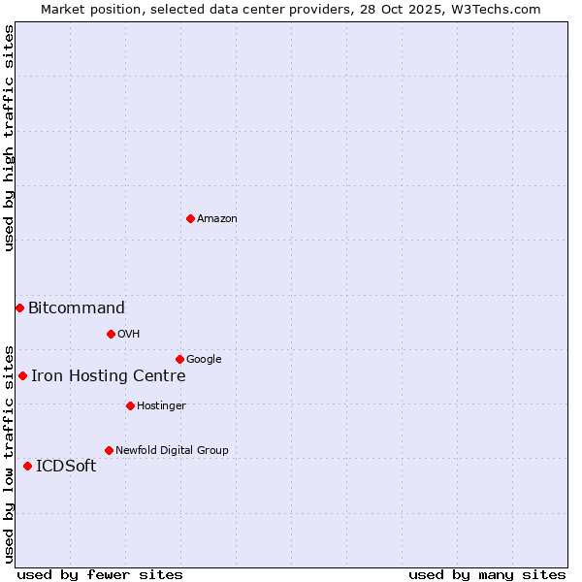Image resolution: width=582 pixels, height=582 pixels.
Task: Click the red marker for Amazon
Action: click(190, 218)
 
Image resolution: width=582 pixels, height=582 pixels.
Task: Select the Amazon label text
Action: click(217, 219)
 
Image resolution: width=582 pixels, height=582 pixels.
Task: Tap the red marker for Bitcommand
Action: click(19, 307)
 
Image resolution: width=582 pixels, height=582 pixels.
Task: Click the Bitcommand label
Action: click(77, 308)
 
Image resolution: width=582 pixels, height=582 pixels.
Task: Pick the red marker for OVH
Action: click(111, 334)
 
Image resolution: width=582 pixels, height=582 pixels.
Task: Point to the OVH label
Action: click(129, 335)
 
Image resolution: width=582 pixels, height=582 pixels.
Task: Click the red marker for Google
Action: click(179, 359)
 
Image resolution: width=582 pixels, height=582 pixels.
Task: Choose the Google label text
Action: click(204, 360)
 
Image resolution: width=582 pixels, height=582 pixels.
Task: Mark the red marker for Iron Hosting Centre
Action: click(22, 375)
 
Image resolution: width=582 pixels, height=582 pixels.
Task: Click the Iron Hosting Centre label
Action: click(109, 376)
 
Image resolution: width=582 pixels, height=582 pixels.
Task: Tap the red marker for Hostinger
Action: click(130, 405)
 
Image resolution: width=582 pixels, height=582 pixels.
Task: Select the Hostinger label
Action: click(161, 406)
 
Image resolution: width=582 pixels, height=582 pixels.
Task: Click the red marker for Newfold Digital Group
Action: click(109, 450)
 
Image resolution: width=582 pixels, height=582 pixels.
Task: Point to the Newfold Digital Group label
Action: click(172, 451)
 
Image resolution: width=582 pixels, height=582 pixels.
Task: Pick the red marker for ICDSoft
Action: click(27, 466)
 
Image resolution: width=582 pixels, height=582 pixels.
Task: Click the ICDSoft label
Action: click(66, 467)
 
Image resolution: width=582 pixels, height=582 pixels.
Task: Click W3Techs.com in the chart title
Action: click(501, 10)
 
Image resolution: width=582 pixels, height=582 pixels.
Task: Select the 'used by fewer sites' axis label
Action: click(100, 574)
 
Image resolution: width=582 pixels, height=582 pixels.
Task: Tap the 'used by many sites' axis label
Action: click(487, 574)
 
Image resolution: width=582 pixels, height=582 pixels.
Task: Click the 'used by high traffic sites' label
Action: click(10, 138)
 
